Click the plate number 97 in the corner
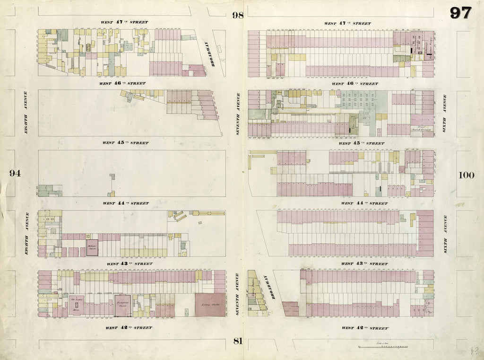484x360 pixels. (x=460, y=13)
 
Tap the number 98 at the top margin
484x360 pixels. (x=237, y=15)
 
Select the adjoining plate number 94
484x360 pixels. (x=15, y=173)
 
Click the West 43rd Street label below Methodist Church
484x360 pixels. (x=129, y=263)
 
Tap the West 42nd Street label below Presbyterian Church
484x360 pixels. (x=129, y=327)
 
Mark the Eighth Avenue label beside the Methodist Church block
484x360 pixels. (x=27, y=234)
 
